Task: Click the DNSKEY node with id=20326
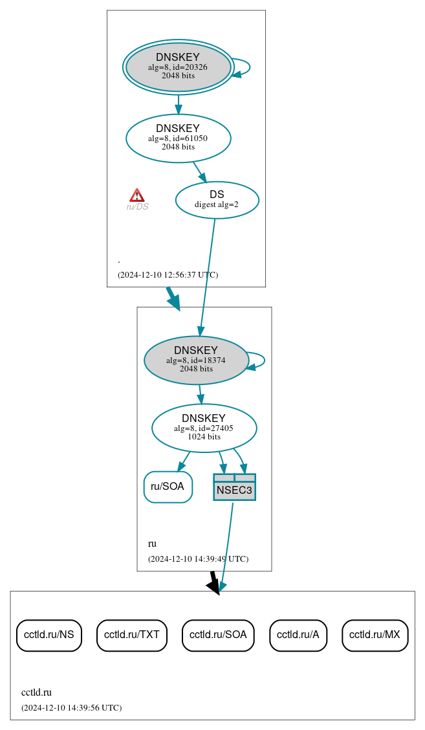click(178, 67)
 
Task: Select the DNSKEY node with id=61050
click(178, 138)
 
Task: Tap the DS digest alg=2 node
click(217, 200)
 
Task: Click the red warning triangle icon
click(136, 195)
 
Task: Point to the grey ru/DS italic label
click(137, 207)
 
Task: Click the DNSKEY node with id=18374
click(196, 360)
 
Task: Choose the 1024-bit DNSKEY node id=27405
click(204, 428)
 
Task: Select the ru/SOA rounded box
click(168, 487)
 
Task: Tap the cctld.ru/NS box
click(49, 635)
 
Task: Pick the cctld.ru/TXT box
click(132, 635)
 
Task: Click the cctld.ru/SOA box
click(218, 635)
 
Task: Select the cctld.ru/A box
click(298, 635)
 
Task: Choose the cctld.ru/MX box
click(375, 635)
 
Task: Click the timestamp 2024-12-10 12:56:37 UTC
click(168, 275)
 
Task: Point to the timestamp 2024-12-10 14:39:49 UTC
click(198, 559)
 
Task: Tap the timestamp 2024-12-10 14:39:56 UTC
click(71, 708)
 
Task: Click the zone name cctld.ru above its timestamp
click(36, 692)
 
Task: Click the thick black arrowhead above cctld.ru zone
click(213, 584)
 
